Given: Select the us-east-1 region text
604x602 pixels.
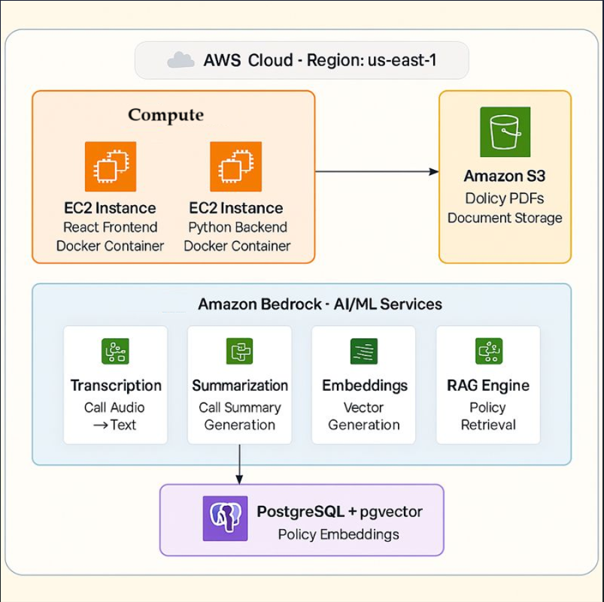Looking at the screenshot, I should pyautogui.click(x=402, y=60).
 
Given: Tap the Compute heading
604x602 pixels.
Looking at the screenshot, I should pyautogui.click(x=165, y=115).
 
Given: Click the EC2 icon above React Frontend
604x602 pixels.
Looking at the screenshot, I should pyautogui.click(x=111, y=166).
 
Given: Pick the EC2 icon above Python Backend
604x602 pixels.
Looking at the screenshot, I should pyautogui.click(x=236, y=166).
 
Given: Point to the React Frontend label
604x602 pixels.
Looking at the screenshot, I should pyautogui.click(x=111, y=227).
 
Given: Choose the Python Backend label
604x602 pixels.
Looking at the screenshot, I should pyautogui.click(x=237, y=227).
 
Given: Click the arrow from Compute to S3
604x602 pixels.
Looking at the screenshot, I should pyautogui.click(x=376, y=171).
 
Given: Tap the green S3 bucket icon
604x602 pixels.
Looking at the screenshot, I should pyautogui.click(x=505, y=132).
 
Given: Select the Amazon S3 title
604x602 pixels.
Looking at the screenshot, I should pyautogui.click(x=505, y=177).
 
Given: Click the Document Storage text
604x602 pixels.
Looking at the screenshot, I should pyautogui.click(x=505, y=218).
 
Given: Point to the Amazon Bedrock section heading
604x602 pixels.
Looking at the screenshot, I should pyautogui.click(x=320, y=304).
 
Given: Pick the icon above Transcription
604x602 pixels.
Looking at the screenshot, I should pyautogui.click(x=115, y=351).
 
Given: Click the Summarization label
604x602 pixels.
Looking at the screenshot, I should pyautogui.click(x=240, y=386).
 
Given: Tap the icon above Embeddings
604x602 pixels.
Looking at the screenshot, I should pyautogui.click(x=364, y=351).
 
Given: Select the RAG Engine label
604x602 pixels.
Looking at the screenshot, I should pyautogui.click(x=488, y=386).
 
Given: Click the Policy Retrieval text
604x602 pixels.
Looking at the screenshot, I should pyautogui.click(x=488, y=416).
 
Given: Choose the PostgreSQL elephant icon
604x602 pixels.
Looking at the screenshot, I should pyautogui.click(x=225, y=519).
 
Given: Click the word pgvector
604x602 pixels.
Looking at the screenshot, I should pyautogui.click(x=391, y=512).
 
